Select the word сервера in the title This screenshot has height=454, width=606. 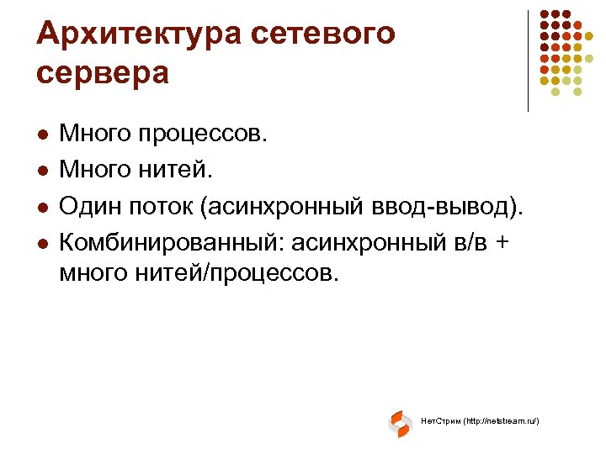pyautogui.click(x=103, y=72)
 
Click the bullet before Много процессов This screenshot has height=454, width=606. pyautogui.click(x=43, y=134)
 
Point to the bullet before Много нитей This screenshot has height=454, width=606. pyautogui.click(x=43, y=172)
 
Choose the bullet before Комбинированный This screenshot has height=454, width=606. pyautogui.click(x=43, y=243)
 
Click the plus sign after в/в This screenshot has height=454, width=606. pyautogui.click(x=502, y=244)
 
